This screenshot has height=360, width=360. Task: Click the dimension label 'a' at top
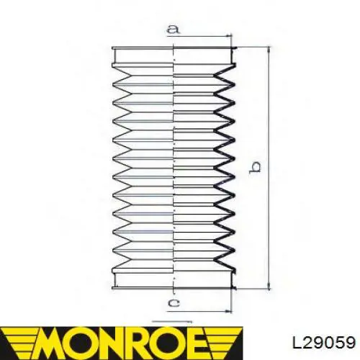173,29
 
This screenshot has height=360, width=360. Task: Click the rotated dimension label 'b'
255,167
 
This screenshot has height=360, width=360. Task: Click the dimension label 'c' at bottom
174,303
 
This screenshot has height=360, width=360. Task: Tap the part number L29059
324,342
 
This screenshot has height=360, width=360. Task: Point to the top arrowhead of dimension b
269,50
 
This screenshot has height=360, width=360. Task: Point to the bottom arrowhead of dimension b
269,286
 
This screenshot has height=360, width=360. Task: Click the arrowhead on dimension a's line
228,36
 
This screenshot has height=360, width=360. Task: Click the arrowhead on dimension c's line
228,312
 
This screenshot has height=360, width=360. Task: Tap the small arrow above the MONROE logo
172,321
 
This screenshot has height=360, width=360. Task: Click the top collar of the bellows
174,55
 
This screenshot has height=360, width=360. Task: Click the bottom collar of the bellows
174,279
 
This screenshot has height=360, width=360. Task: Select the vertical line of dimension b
269,168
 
